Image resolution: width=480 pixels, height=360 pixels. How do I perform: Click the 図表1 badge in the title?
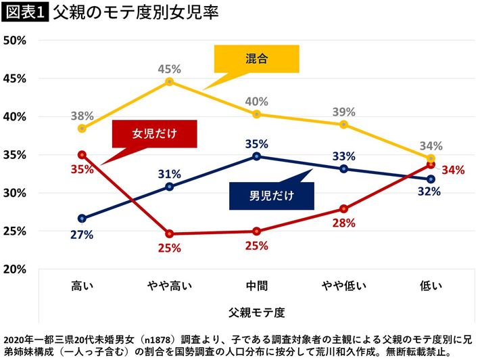pos(24,14)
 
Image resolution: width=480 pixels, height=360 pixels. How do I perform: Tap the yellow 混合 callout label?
pos(256,59)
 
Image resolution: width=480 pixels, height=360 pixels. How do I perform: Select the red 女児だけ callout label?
pos(154,133)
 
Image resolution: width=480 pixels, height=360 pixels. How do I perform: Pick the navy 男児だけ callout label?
pos(272,196)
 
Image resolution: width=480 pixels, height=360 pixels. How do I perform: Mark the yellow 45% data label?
pos(169,68)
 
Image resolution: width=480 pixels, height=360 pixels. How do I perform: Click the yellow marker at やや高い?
pos(169,82)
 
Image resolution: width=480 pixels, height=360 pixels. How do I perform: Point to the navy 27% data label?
pos(82,235)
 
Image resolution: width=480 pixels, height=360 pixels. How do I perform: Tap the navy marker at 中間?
pos(256,156)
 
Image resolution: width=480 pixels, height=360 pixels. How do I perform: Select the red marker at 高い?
pos(82,154)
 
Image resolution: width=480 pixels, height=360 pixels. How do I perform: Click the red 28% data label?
pos(343,224)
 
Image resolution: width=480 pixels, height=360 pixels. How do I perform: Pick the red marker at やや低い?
pos(343,208)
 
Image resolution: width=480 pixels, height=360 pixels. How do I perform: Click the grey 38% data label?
pos(82,115)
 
